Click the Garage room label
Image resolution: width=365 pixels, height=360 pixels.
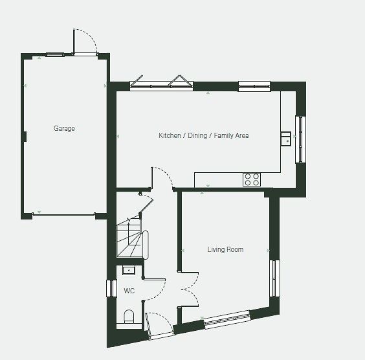point(64,129)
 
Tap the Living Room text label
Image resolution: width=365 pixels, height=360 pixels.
point(225,250)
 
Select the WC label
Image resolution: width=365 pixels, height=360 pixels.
point(129,291)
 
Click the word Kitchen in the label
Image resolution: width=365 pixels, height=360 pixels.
point(170,135)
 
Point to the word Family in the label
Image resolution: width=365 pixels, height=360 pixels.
point(223,135)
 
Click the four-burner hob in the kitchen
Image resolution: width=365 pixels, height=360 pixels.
point(252,179)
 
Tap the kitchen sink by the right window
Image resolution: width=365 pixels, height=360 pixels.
point(285,139)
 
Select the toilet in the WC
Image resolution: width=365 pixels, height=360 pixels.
point(129,317)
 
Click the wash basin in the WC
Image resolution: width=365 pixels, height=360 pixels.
point(129,271)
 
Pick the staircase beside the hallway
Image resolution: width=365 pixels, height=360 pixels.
point(132,238)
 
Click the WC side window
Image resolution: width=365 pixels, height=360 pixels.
point(111,288)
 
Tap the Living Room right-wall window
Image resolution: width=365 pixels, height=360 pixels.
point(274,278)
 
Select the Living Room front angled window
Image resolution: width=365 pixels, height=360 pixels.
point(227,319)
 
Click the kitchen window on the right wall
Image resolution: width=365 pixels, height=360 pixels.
point(300,139)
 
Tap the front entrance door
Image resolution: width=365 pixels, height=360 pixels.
point(160,326)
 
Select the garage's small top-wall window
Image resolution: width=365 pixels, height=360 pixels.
point(55,55)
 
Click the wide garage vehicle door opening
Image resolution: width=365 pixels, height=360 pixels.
point(63,214)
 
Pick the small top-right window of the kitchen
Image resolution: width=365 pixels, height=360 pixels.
point(254,86)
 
